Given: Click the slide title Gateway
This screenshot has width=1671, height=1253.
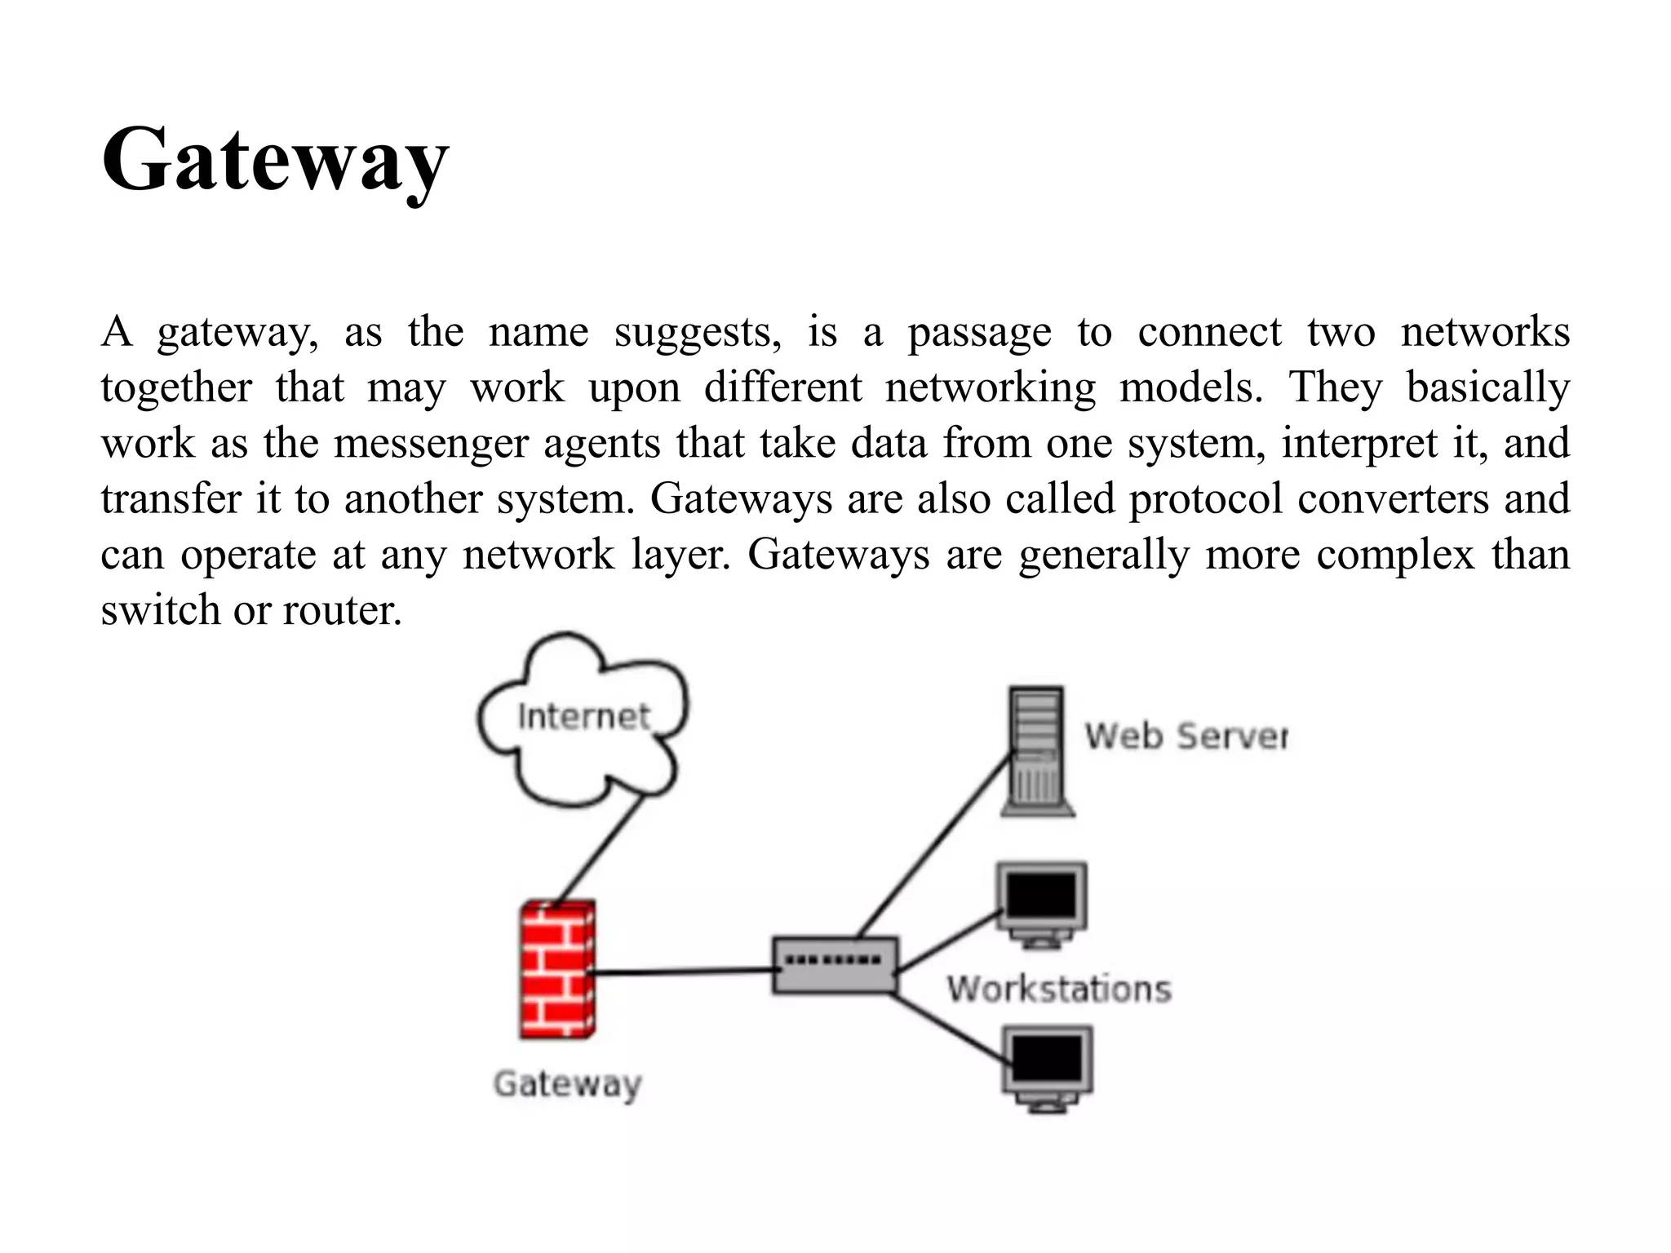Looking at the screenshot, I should click(x=275, y=161).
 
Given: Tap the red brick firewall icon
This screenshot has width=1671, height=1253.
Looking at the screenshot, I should click(x=557, y=969).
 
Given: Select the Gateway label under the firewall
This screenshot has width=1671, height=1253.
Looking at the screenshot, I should click(x=568, y=1084).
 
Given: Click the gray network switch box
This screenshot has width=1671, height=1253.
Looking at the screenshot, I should click(x=835, y=965).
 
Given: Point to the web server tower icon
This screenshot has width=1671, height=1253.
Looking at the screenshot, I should click(x=1037, y=751).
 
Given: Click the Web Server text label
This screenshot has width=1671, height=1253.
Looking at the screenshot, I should click(x=1186, y=737).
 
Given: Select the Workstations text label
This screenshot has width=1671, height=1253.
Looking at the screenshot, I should click(x=1059, y=990).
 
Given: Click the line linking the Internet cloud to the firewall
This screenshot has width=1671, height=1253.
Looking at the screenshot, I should click(x=598, y=851).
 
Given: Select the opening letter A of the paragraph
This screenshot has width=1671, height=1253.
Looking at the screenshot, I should click(x=117, y=332).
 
